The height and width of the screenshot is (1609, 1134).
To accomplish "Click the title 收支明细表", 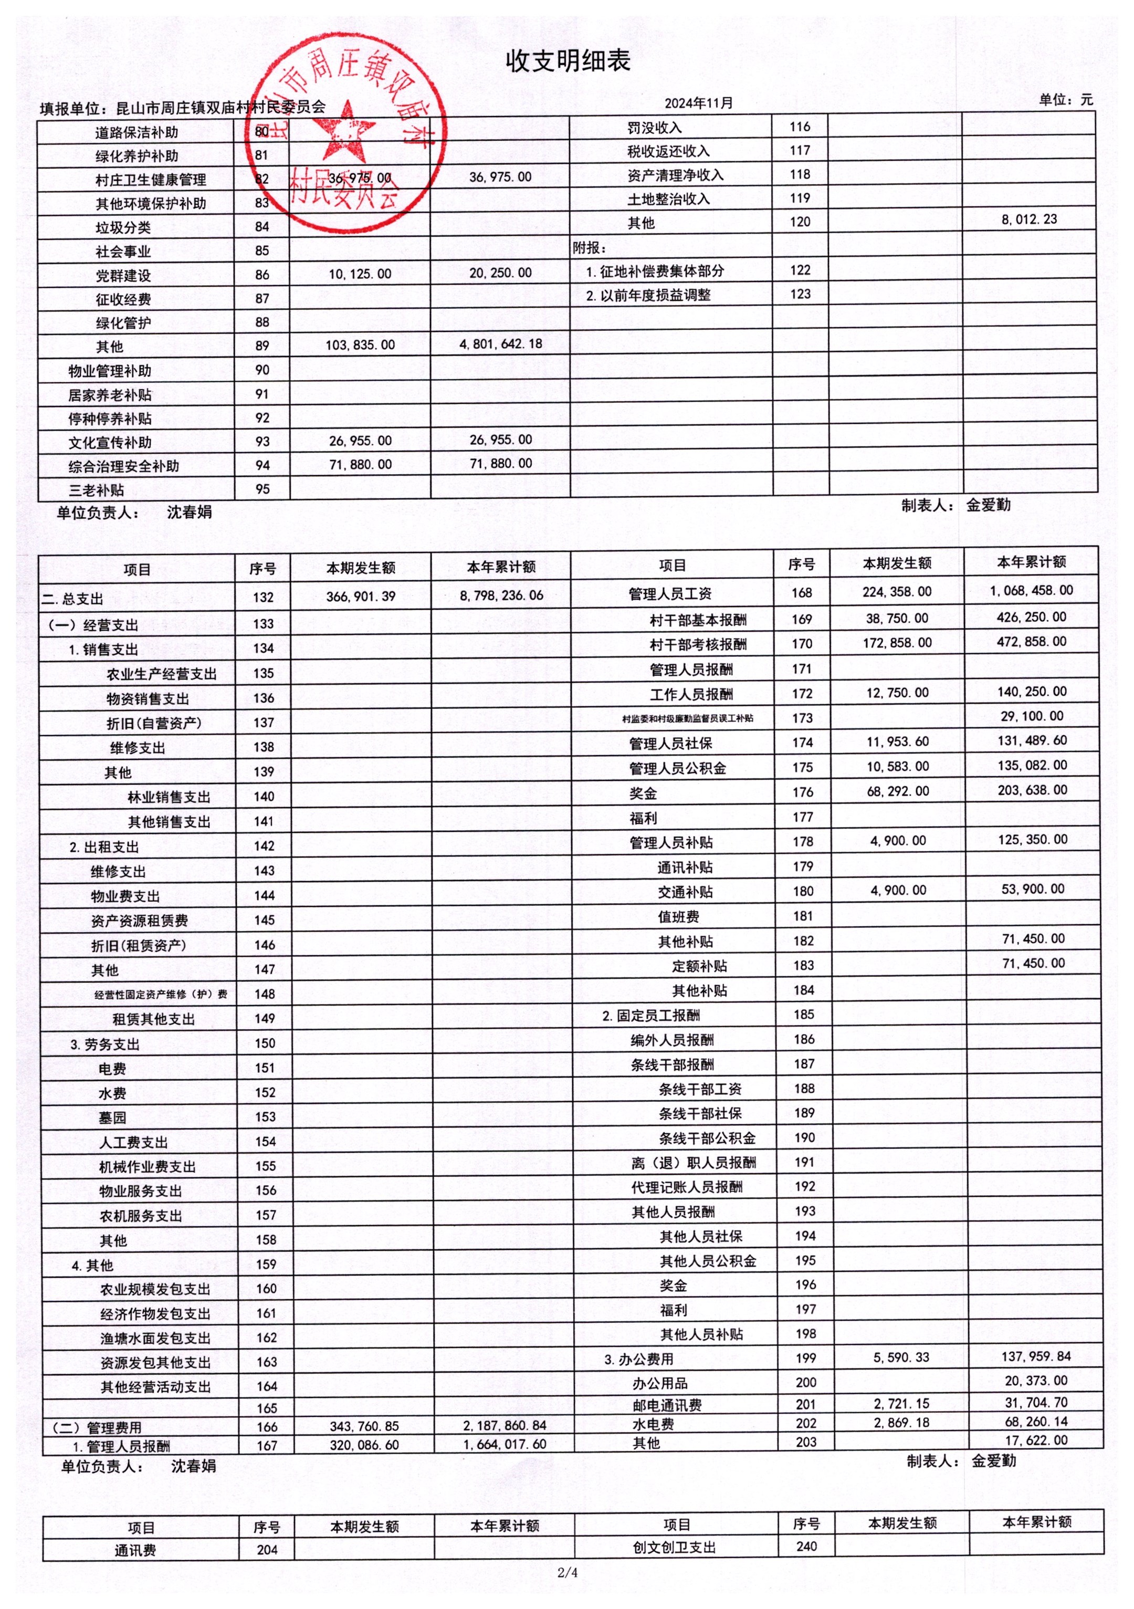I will click(x=568, y=61).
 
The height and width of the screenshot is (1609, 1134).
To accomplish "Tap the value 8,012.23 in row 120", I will click(x=1028, y=220).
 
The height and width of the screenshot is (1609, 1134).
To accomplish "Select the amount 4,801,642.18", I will click(x=500, y=344).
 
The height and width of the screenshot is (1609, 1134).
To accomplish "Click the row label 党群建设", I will click(x=123, y=275).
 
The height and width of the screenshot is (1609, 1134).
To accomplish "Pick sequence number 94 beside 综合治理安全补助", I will click(x=262, y=465).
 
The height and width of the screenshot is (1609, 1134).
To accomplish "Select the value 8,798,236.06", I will click(x=501, y=595).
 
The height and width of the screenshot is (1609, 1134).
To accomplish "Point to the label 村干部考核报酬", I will click(x=698, y=644).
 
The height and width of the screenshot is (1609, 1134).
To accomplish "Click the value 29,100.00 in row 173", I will click(x=1032, y=716).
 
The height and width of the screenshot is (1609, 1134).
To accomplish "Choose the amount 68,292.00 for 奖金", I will click(x=897, y=792).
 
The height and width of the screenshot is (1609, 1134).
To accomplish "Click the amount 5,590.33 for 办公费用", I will click(x=901, y=1357).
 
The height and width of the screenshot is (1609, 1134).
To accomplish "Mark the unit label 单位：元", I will click(x=1065, y=100).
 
